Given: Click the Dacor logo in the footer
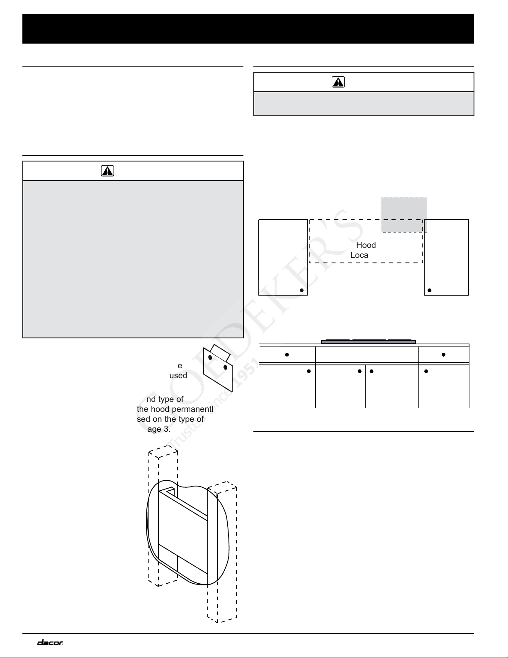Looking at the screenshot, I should (50, 643).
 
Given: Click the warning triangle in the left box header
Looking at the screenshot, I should (107, 171).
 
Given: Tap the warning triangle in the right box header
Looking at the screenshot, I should (338, 82).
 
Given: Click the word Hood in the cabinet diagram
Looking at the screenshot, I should (366, 245).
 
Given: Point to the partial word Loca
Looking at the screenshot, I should (359, 255).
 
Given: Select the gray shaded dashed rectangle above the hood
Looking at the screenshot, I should (404, 215).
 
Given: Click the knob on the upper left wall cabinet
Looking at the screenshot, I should (302, 290).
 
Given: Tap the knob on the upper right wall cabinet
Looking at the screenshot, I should (430, 290).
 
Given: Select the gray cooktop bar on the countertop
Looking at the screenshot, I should (368, 342).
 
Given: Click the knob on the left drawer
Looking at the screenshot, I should (287, 355).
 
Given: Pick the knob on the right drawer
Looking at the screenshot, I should (443, 355).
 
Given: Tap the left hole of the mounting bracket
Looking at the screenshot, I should (210, 357).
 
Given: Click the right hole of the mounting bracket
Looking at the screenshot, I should (225, 367).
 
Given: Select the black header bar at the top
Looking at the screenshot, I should (248, 29).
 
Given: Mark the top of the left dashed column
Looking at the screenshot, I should (163, 450).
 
